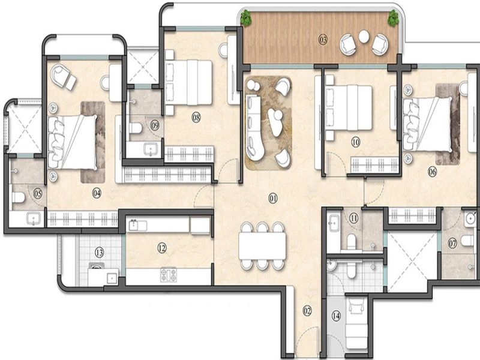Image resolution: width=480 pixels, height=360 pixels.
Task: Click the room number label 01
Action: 273,199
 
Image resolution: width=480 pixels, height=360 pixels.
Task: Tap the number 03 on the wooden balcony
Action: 323,40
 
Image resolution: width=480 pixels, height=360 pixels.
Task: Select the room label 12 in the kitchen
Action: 162,248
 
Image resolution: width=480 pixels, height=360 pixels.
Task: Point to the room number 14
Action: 336,316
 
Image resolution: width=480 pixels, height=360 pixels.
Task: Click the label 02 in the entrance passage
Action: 307,311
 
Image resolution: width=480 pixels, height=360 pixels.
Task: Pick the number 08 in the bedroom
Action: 196,117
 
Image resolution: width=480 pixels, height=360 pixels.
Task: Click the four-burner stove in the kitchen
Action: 169,275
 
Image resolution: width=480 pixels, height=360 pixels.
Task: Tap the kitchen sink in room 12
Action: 137,225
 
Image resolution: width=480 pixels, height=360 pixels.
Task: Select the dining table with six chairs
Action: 262,246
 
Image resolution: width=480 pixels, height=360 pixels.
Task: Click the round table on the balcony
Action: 364,37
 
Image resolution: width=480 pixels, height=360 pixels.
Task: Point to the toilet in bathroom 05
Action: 19,197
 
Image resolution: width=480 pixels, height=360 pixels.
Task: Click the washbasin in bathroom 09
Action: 151,149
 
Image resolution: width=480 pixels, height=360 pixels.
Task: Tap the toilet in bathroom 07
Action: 467,241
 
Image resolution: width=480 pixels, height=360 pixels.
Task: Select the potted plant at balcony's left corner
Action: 245,18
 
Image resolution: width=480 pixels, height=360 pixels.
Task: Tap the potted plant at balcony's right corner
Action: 392,18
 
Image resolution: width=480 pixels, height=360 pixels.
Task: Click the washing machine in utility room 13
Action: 97,266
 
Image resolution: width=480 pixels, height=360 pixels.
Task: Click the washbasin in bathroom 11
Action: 334,220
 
